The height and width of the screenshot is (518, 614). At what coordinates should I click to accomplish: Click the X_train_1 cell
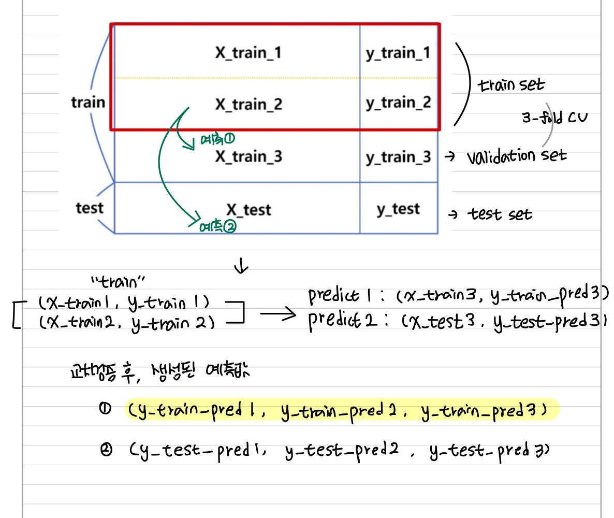[248, 53]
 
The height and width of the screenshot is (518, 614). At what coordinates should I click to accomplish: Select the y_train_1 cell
[398, 53]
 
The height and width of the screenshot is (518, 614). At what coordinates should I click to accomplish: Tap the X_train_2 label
[248, 104]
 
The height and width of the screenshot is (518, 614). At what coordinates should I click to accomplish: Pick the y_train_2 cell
[398, 103]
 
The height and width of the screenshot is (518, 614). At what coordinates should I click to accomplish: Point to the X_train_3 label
[248, 156]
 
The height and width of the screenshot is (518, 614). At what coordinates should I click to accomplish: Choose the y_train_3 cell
[398, 157]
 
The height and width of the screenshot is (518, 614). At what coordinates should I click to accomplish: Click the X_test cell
[248, 209]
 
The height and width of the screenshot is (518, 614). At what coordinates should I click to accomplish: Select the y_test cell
[398, 209]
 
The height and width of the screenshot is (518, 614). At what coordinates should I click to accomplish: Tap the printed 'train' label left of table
[88, 102]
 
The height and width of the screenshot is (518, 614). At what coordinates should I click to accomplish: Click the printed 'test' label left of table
[90, 208]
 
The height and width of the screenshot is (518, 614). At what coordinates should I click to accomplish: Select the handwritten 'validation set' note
[516, 155]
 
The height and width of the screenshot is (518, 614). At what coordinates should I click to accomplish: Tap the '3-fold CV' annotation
[548, 118]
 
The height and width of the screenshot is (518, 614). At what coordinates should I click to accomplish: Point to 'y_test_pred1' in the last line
[198, 452]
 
